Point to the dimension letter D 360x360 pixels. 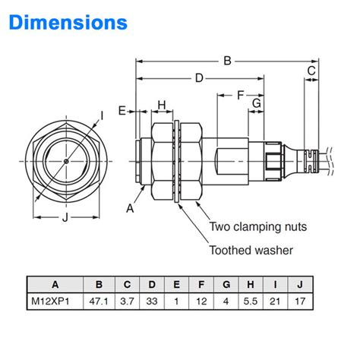click(199, 77)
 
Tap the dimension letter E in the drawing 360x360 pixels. click(122, 111)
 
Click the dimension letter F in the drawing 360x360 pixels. click(240, 95)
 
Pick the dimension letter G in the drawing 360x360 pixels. click(257, 103)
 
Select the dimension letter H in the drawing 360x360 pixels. click(161, 104)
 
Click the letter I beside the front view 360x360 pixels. click(102, 115)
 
